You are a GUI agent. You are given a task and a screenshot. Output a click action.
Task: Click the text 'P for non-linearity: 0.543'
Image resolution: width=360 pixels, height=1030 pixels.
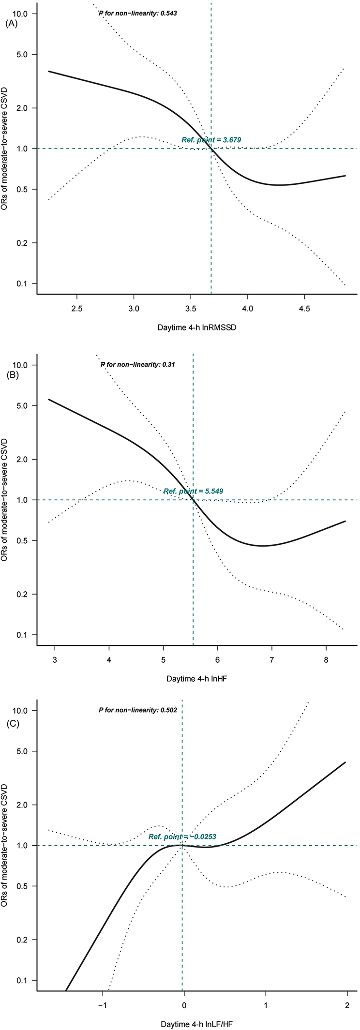[138, 13]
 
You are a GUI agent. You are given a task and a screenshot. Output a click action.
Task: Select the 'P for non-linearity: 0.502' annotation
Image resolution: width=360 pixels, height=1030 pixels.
[137, 710]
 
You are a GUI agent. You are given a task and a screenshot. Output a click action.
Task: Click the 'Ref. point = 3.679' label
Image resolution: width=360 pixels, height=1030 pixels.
[211, 140]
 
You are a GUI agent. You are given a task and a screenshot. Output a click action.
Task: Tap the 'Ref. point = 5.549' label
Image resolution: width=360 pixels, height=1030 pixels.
[194, 491]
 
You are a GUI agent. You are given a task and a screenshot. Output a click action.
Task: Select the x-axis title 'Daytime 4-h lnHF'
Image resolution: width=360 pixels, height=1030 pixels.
[196, 679]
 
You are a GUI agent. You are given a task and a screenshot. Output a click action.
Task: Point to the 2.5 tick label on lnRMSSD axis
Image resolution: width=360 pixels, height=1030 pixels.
[77, 308]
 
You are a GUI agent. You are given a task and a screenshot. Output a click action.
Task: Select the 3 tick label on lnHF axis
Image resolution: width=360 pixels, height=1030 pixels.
[55, 659]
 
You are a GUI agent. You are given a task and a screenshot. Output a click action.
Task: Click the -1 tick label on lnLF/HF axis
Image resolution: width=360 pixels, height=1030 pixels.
[102, 1005]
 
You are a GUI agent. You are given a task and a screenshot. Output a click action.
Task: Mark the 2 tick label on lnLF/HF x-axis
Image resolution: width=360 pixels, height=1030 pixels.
[346, 1005]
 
